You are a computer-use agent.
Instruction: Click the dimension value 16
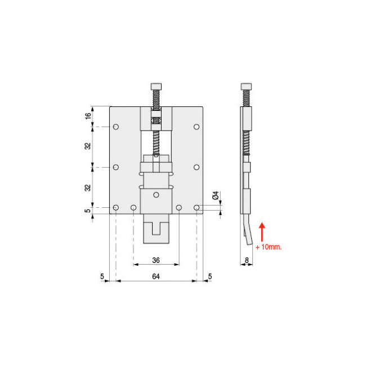pyautogui.click(x=88, y=116)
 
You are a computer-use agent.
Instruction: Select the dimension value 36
pyautogui.click(x=156, y=260)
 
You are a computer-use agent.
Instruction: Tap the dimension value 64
pyautogui.click(x=156, y=276)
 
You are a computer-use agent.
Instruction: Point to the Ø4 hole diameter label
pyautogui.click(x=216, y=195)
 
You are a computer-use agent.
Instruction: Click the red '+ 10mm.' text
pyautogui.click(x=269, y=247)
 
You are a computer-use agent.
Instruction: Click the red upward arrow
pyautogui.click(x=262, y=232)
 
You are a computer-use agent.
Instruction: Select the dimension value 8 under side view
pyautogui.click(x=247, y=260)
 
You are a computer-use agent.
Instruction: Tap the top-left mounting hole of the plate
pyautogui.click(x=116, y=127)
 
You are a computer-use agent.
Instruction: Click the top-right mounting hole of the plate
pyautogui.click(x=197, y=127)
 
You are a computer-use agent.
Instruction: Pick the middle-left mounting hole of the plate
pyautogui.click(x=116, y=167)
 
